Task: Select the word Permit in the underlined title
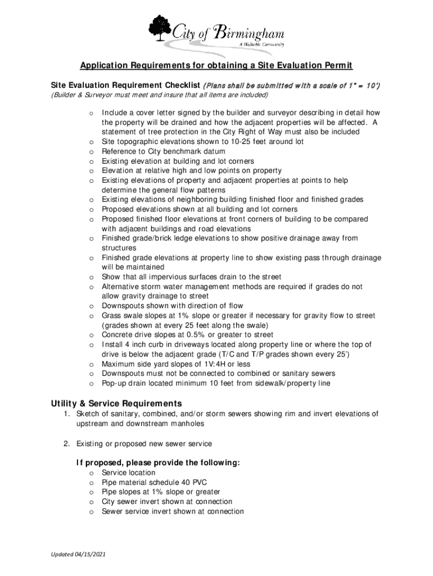pyautogui.click(x=337, y=66)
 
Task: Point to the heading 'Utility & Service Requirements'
pyautogui.click(x=116, y=403)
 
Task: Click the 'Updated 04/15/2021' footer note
pyautogui.click(x=78, y=555)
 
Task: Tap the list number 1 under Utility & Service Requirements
pyautogui.click(x=66, y=414)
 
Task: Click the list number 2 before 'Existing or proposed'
pyautogui.click(x=66, y=444)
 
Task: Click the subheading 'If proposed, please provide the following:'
pyautogui.click(x=159, y=463)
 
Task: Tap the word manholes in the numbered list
pyautogui.click(x=187, y=424)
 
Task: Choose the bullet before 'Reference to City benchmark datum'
pyautogui.click(x=91, y=152)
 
